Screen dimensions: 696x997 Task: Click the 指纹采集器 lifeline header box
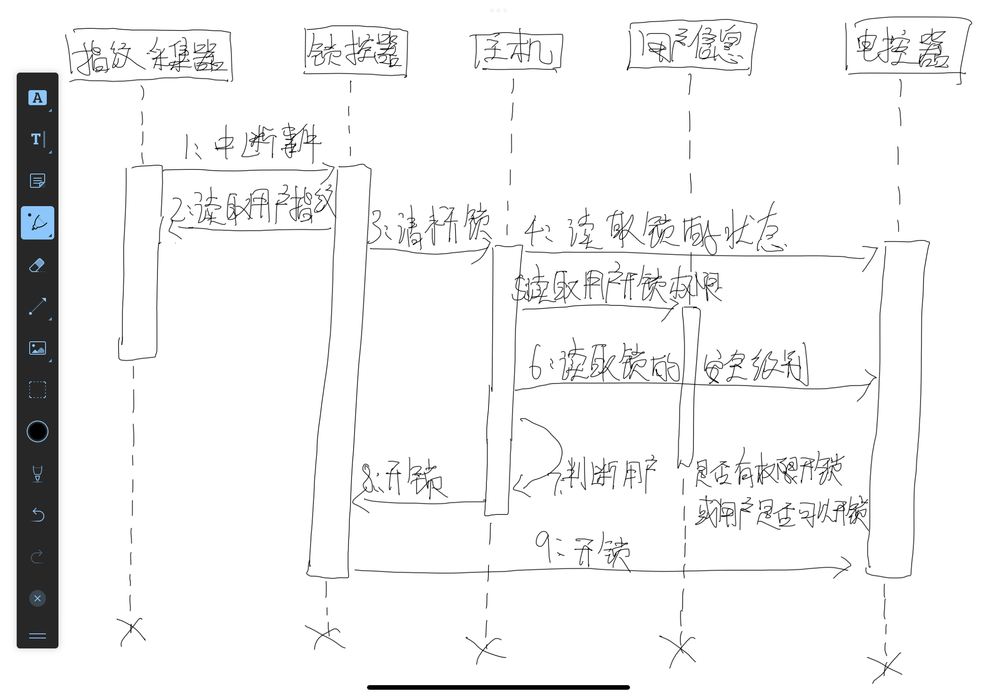[150, 55]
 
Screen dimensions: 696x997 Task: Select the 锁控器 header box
[356, 52]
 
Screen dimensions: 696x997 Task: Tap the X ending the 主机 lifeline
[486, 648]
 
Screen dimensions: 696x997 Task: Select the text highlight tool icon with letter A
[37, 98]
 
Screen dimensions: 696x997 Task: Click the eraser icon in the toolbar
[37, 265]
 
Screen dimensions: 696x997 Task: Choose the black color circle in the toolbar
[37, 432]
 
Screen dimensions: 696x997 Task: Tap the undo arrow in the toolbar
[37, 515]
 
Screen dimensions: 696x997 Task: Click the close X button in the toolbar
[37, 599]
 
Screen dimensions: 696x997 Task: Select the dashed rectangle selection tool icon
[37, 390]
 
